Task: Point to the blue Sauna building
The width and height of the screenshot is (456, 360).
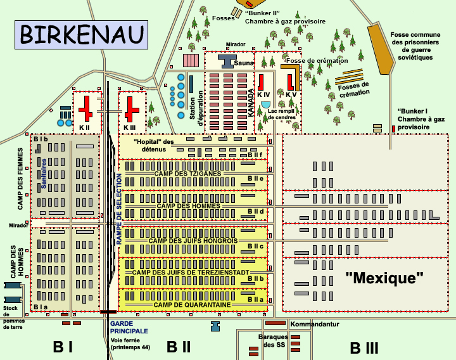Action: click(227, 60)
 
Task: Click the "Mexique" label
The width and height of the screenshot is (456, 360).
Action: click(384, 278)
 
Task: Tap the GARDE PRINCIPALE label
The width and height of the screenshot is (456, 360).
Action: click(129, 327)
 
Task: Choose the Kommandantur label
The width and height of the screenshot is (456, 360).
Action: click(315, 324)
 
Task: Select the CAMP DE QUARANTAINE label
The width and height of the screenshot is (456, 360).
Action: click(192, 305)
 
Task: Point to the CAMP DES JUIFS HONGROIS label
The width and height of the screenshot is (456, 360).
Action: click(193, 241)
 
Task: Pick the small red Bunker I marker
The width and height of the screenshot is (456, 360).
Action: click(394, 129)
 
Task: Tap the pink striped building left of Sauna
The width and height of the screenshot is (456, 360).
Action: click(191, 60)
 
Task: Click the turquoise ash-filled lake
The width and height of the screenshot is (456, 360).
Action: click(265, 104)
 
